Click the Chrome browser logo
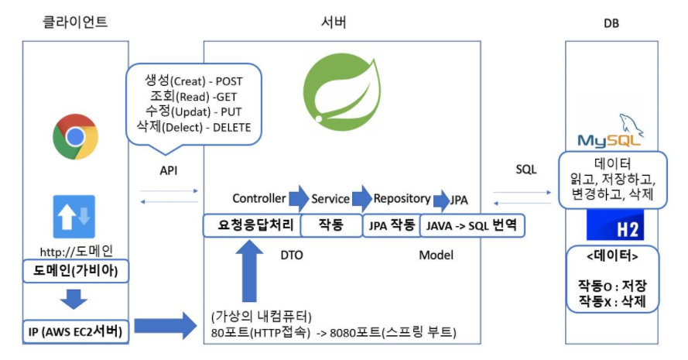click(75, 137)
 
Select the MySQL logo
click(611, 132)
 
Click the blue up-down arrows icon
click(74, 216)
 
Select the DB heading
click(611, 24)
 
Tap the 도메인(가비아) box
click(74, 271)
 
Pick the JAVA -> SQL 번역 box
click(472, 225)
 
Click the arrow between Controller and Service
click(299, 198)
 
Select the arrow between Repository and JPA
click(441, 200)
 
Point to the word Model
click(436, 255)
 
